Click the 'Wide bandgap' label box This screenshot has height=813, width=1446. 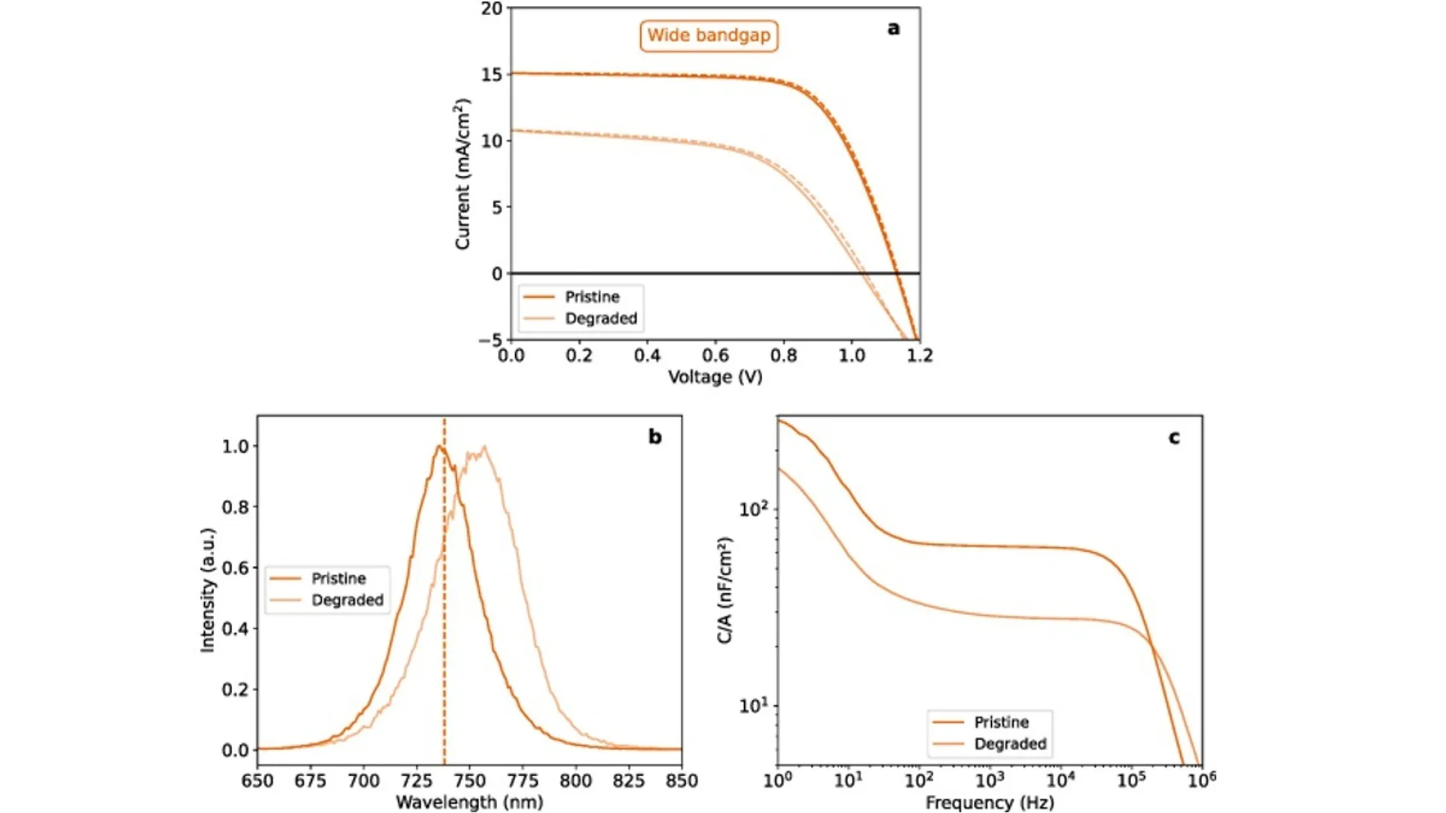pos(709,35)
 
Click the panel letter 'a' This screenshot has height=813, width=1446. pos(893,29)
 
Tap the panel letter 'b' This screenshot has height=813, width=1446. pos(655,437)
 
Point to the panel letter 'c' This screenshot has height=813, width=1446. pos(1174,437)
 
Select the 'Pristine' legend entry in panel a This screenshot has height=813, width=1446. pos(592,297)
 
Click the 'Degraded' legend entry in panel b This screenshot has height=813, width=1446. pos(347,600)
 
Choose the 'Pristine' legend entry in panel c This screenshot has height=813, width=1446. pos(1001,722)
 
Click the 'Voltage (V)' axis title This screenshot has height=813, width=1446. pos(715,376)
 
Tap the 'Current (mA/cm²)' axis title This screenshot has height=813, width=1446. pos(462,174)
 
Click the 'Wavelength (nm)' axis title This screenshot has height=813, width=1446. pos(469,802)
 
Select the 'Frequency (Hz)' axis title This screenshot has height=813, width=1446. pos(990,802)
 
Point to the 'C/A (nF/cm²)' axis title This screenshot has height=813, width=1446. pos(725,590)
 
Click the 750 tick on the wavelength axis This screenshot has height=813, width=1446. pos(469,781)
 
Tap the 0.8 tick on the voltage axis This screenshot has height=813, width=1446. pos(783,355)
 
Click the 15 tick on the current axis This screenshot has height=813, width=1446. pos(492,75)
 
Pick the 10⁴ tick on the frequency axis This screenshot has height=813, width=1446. pos(1060,780)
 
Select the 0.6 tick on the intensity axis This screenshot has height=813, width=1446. pos(235,568)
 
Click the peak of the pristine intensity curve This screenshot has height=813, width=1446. pos(439,447)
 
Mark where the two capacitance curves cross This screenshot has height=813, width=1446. pos(1151,644)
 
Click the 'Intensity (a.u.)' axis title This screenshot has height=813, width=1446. pos(208,590)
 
